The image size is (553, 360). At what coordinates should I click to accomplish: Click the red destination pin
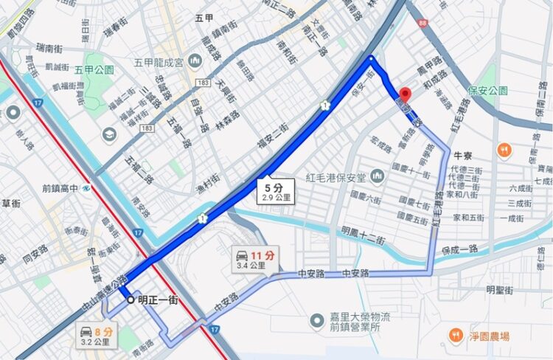pos(404,95)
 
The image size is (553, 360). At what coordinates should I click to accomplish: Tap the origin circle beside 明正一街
pos(131,300)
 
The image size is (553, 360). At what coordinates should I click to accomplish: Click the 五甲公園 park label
pos(94,69)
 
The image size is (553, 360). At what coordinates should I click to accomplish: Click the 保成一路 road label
pos(461,249)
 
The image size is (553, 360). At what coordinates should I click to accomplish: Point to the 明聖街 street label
pos(498,290)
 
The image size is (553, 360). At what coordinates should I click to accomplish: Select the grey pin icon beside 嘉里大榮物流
pos(317,319)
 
